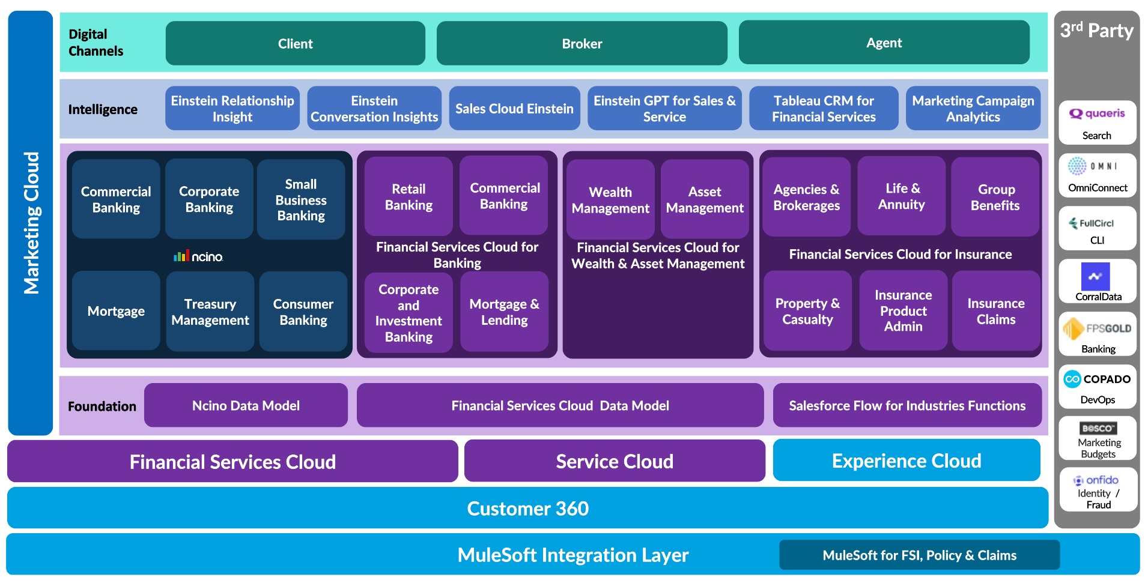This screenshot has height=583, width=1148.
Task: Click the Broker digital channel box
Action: click(582, 43)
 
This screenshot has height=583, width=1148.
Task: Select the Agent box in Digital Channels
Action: click(884, 43)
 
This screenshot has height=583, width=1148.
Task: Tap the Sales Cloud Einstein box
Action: click(514, 109)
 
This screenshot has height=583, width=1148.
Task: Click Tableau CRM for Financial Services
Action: click(824, 109)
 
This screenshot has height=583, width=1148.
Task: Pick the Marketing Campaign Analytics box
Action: click(973, 109)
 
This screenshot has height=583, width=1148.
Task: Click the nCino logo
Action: click(198, 256)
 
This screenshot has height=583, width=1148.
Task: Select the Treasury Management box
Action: click(210, 312)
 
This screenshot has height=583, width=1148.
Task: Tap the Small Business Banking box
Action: click(301, 199)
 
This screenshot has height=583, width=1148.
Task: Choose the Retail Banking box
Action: click(408, 197)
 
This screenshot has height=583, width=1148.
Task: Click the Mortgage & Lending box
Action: click(504, 312)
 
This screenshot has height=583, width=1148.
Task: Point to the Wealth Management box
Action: click(610, 199)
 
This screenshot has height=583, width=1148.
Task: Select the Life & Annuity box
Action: click(901, 196)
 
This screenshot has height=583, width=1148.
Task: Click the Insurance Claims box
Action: click(995, 311)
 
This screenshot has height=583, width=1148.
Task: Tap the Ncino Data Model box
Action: click(246, 406)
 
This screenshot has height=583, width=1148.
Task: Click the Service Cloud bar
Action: click(615, 461)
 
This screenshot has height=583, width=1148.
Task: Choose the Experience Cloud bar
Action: click(906, 461)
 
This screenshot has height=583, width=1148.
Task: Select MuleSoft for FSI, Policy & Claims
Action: click(919, 555)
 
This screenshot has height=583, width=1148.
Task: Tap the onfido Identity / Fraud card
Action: click(1098, 491)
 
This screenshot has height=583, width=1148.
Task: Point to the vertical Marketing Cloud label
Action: click(31, 223)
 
